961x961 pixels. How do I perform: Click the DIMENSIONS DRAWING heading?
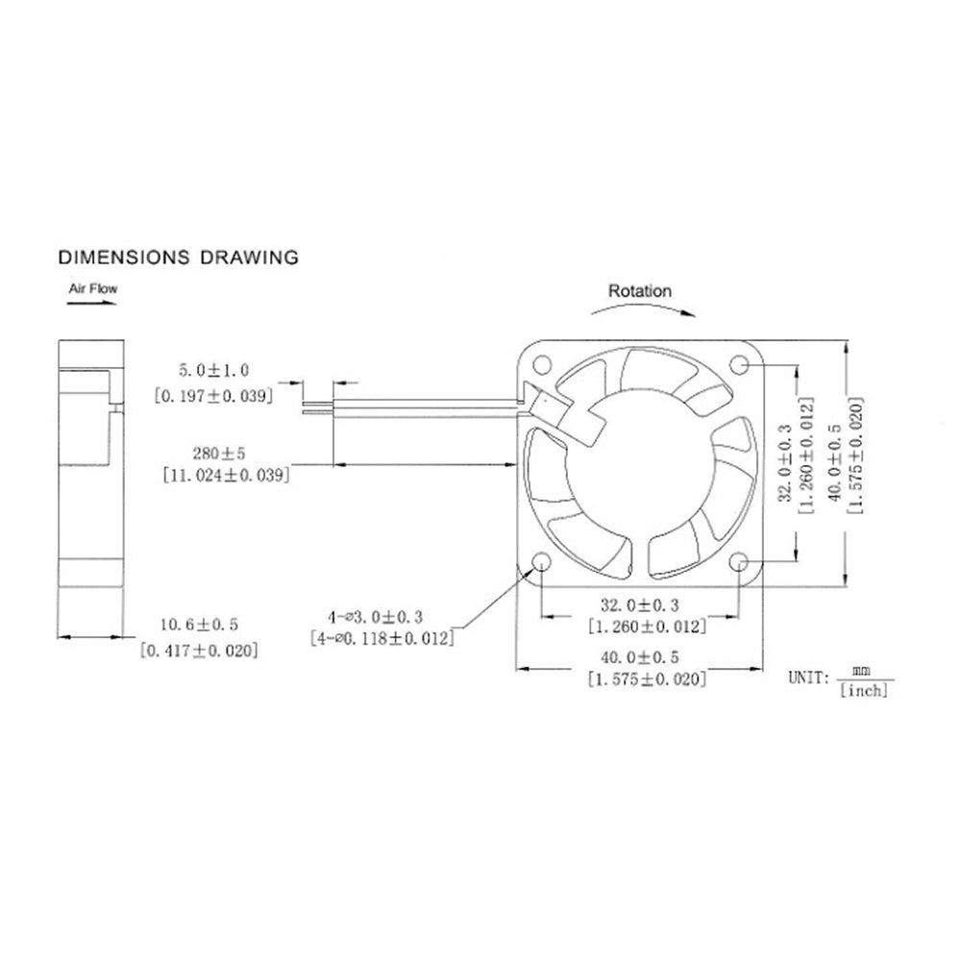(178, 257)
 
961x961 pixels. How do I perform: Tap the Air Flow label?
(92, 286)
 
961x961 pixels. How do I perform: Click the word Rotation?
(640, 290)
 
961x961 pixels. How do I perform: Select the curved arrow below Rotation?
(640, 309)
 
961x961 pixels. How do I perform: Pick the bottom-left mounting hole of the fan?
(539, 562)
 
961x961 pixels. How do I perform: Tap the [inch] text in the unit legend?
(863, 689)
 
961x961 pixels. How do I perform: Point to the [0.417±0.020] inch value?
(199, 652)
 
